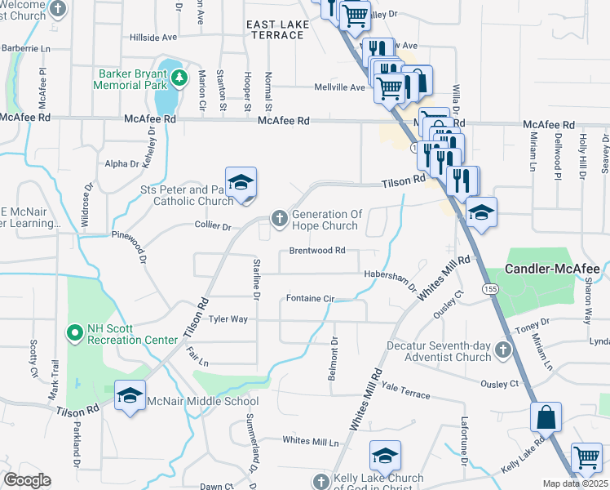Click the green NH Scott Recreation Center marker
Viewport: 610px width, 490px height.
[x=74, y=332]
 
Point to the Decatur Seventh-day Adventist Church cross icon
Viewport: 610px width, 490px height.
[x=503, y=350]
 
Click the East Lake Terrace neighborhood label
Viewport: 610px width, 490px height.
[x=278, y=30]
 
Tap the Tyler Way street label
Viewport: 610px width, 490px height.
[x=228, y=319]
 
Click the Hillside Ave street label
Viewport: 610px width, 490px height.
[x=153, y=38]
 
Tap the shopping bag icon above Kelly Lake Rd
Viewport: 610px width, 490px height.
[x=546, y=416]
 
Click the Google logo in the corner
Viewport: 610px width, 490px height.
[x=27, y=480]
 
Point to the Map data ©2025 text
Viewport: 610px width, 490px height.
[x=575, y=483]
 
